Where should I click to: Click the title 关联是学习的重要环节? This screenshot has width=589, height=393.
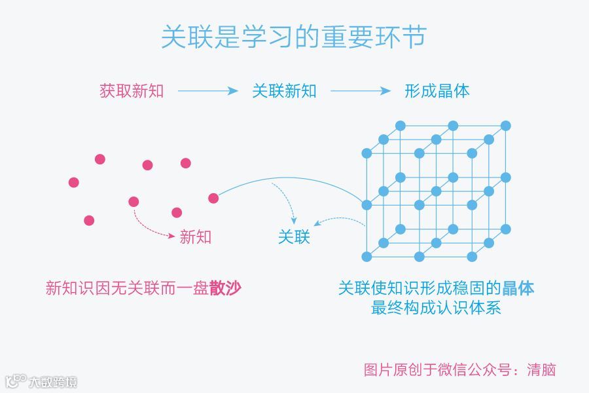[x=294, y=37]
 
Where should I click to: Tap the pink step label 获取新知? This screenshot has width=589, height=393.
[x=132, y=91]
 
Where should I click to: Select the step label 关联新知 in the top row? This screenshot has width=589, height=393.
[x=284, y=91]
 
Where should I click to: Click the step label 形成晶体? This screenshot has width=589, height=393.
[x=437, y=91]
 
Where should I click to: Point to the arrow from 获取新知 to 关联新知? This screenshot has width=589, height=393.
[x=207, y=91]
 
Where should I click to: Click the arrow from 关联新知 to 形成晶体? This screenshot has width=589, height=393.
[x=361, y=91]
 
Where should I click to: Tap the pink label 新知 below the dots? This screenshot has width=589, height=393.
[x=196, y=237]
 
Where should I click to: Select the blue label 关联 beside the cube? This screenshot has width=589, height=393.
[x=294, y=237]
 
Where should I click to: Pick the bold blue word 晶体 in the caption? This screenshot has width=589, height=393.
[x=518, y=288]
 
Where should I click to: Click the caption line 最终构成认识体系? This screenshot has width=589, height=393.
[x=437, y=307]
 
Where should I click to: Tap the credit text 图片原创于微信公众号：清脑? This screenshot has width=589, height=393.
[x=459, y=369]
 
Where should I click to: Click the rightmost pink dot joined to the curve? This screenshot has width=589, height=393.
[x=213, y=198]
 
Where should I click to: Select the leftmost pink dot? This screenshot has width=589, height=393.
[x=74, y=182]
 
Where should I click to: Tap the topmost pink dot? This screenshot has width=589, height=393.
[x=100, y=159]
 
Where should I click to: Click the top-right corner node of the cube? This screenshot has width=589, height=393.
[x=506, y=125]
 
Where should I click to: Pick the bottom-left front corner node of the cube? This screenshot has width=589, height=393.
[x=366, y=256]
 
